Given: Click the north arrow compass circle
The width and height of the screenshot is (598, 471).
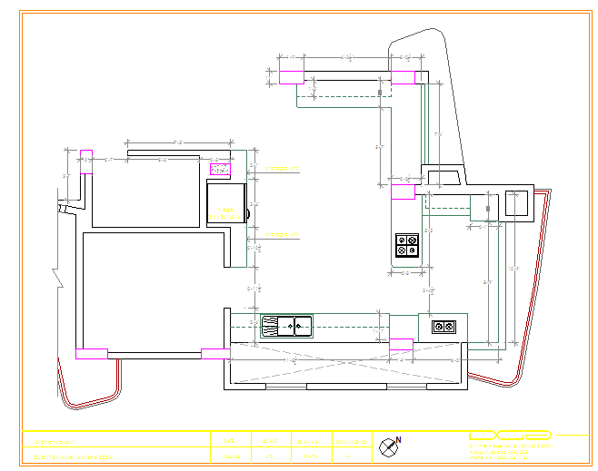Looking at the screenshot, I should point(388,446).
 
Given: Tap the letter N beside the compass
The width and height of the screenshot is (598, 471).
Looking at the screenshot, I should point(399,440).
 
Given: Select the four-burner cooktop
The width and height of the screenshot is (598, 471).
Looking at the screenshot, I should point(407,245).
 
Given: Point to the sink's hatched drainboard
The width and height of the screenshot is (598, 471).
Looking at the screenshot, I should point(271,325).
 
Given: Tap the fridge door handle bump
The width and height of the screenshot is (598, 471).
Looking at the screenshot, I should point(246,214).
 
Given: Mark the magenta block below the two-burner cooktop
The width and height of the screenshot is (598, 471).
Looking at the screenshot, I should point(401,343).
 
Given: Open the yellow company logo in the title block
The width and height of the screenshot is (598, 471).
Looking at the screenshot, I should point(510,436).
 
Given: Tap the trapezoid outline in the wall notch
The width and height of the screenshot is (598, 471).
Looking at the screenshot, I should point(444,177).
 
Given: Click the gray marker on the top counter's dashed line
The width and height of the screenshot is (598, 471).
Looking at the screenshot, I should point(380,93).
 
